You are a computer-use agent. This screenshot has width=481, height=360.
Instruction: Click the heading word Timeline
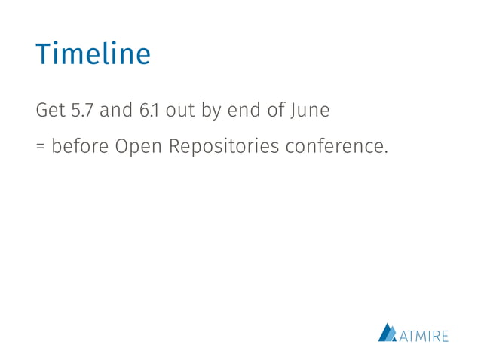coord(93,54)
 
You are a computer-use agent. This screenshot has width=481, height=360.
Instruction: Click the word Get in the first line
coord(50,111)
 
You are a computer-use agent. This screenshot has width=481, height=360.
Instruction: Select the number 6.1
coord(148,111)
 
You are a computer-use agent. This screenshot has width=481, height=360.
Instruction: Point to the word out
coord(180,111)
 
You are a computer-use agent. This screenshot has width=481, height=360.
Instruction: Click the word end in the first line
coord(245,111)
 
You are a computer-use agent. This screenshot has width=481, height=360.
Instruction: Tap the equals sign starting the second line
coord(41,146)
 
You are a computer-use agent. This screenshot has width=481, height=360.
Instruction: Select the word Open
coord(139,146)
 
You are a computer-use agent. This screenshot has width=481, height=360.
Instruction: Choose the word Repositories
coord(225,146)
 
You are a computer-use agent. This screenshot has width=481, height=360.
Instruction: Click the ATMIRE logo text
coord(423,335)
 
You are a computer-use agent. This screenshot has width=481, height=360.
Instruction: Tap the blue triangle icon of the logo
coord(387,332)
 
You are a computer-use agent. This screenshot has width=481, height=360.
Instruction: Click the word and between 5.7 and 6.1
coord(115,111)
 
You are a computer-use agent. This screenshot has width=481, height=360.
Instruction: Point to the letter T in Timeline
coord(42,54)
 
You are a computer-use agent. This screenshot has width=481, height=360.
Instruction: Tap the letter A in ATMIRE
coord(403,336)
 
